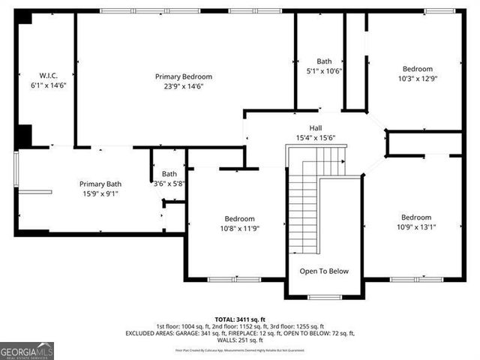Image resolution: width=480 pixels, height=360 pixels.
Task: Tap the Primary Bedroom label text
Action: click(x=184, y=76)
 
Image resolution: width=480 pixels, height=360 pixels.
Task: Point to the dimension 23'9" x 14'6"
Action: click(x=184, y=86)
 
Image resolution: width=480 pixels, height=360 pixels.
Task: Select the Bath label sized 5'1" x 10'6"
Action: click(x=324, y=61)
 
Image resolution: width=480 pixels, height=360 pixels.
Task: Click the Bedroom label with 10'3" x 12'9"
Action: click(x=418, y=68)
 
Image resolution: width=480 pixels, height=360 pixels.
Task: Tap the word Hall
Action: click(x=316, y=127)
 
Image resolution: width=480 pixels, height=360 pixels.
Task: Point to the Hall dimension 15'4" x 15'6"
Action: click(x=316, y=137)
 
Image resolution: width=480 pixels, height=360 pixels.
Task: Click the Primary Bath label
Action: click(x=100, y=184)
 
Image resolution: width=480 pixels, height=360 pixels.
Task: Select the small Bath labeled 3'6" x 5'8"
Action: click(x=169, y=174)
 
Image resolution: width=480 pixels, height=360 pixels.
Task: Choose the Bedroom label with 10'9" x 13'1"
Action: click(x=415, y=217)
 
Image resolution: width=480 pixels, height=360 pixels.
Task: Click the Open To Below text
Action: click(x=324, y=271)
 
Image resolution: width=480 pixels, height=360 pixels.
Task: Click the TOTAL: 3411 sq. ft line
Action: click(x=239, y=318)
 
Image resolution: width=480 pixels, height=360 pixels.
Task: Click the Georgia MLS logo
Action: click(x=27, y=350)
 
